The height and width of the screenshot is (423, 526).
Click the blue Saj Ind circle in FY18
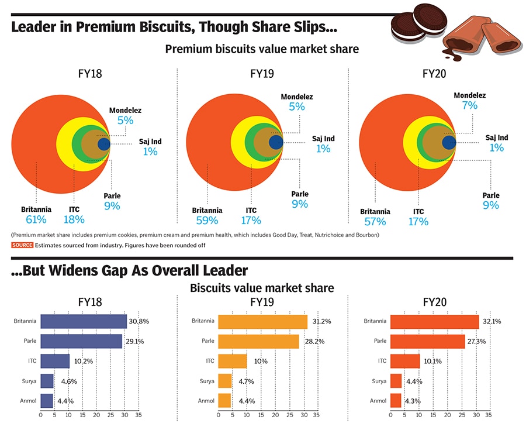pyautogui.click(x=104, y=143)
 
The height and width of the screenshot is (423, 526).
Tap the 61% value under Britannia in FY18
pyautogui.click(x=36, y=220)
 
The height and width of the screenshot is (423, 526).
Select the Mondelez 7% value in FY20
pyautogui.click(x=469, y=106)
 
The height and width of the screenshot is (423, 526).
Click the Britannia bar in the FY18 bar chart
pyautogui.click(x=84, y=321)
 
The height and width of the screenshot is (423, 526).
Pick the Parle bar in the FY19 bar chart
pyautogui.click(x=258, y=341)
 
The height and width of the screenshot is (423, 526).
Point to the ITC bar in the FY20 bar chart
pyautogui.click(x=405, y=361)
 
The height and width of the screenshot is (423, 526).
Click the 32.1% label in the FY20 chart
pyautogui.click(x=491, y=321)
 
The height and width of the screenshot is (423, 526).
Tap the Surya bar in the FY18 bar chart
pyautogui.click(x=47, y=381)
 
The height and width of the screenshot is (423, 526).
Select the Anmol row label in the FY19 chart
pyautogui.click(x=206, y=401)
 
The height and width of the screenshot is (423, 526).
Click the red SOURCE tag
pyautogui.click(x=22, y=245)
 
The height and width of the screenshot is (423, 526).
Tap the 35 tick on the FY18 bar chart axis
pyautogui.click(x=138, y=415)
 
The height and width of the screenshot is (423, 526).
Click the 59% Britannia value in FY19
pyautogui.click(x=207, y=221)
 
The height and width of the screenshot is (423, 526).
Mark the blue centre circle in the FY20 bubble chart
pyautogui.click(x=449, y=142)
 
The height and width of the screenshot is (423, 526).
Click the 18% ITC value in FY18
pyautogui.click(x=74, y=220)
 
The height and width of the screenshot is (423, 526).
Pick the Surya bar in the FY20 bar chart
pyautogui.click(x=396, y=381)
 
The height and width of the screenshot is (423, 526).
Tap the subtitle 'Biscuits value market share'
pyautogui.click(x=262, y=288)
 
